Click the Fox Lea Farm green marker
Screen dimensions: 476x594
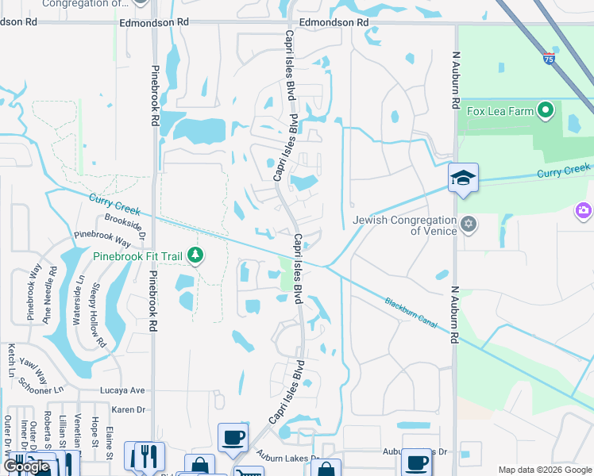546,110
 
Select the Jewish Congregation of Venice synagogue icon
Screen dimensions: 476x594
469,225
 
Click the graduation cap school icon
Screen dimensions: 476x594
463,178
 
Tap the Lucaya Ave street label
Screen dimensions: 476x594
123,390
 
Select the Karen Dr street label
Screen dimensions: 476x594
129,409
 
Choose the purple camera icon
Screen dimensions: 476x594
584,210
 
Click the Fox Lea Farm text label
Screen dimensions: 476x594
499,111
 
